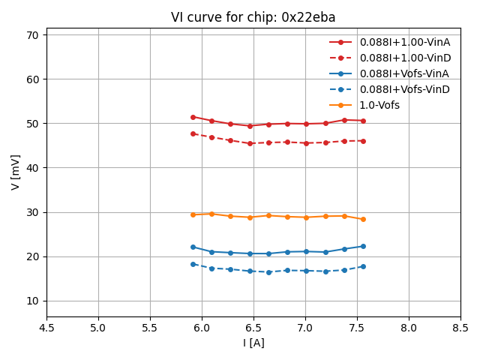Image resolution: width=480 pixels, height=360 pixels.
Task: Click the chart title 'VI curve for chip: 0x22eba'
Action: tap(253, 17)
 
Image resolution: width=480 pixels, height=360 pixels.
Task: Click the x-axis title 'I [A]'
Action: tap(253, 343)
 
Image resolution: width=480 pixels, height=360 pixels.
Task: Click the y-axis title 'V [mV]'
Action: tap(16, 172)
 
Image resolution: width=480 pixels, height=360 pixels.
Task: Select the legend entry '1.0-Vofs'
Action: tap(379, 105)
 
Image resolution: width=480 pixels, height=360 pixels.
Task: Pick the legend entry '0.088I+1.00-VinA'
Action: tap(404, 42)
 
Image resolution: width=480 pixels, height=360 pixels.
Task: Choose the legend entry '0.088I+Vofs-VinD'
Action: tap(404, 89)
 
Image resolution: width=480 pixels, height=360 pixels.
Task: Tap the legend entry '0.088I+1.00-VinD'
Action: tap(404, 58)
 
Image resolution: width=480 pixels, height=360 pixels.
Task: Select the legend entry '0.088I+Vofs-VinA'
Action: tap(404, 73)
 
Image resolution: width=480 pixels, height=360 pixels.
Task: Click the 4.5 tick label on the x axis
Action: tap(46, 328)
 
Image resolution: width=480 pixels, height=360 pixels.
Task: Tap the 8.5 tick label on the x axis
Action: tap(460, 328)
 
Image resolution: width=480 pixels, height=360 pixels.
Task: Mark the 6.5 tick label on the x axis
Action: tap(253, 328)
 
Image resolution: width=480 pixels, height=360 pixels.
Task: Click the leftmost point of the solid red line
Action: tap(193, 117)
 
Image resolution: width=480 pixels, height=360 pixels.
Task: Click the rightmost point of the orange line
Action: tap(363, 219)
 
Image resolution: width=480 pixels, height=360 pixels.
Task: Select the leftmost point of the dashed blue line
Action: tap(193, 264)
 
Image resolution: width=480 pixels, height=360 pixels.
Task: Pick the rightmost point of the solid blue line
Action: tap(363, 246)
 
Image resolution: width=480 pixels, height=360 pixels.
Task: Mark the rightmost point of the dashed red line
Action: tap(363, 141)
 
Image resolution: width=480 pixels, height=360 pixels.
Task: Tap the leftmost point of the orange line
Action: tap(193, 214)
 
